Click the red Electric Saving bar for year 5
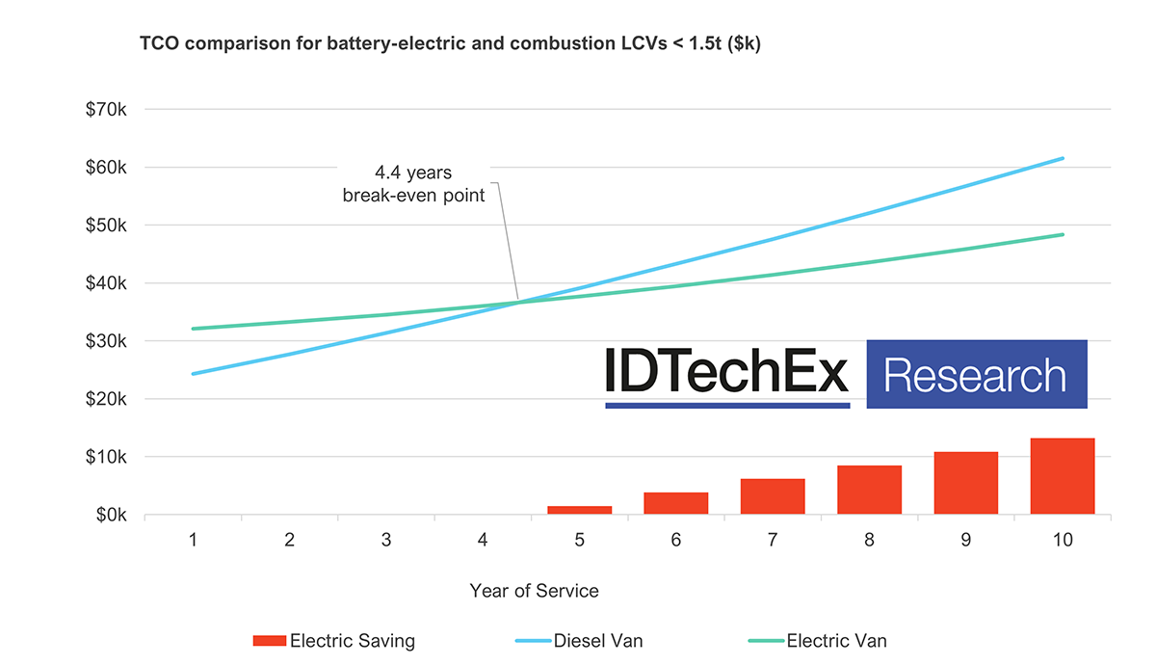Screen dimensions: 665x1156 (x=580, y=510)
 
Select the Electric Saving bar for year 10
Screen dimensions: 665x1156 (x=1063, y=476)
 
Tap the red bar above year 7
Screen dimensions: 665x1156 (x=773, y=496)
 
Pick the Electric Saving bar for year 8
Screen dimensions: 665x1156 (x=869, y=490)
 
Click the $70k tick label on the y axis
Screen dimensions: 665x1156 (x=106, y=110)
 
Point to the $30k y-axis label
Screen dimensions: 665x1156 (x=106, y=341)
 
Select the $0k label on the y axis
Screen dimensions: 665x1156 (x=110, y=515)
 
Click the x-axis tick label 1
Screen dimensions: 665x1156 (x=194, y=541)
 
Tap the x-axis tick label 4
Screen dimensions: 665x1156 (x=483, y=541)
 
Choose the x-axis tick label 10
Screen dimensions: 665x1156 (x=1063, y=541)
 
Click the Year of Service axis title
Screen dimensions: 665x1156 (x=534, y=591)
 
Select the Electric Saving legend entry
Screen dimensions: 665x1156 (x=334, y=640)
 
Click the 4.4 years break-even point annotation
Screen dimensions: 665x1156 (x=414, y=183)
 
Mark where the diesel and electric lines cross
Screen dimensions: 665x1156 (x=519, y=303)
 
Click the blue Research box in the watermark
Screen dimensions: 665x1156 (x=976, y=374)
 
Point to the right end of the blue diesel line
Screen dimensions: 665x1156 (x=1063, y=158)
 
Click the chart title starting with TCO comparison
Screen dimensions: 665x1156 (x=450, y=44)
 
